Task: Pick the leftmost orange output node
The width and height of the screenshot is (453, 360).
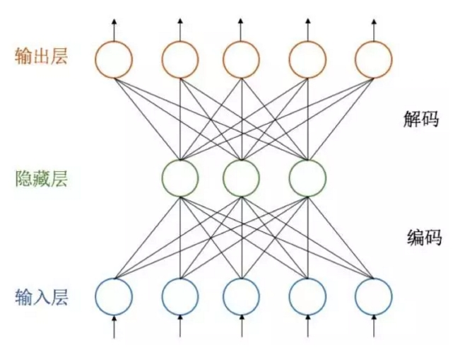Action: tap(114, 59)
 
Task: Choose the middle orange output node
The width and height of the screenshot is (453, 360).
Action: tap(242, 59)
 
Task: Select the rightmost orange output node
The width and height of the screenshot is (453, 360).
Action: tap(373, 59)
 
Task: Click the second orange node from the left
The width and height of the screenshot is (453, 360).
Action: tap(180, 59)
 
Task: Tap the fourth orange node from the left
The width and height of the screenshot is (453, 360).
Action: tap(307, 59)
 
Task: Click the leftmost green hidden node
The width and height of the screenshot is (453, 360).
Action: tap(180, 177)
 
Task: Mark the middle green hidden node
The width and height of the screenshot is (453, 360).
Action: tap(242, 177)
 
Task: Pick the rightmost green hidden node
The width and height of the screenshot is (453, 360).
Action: tap(307, 177)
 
